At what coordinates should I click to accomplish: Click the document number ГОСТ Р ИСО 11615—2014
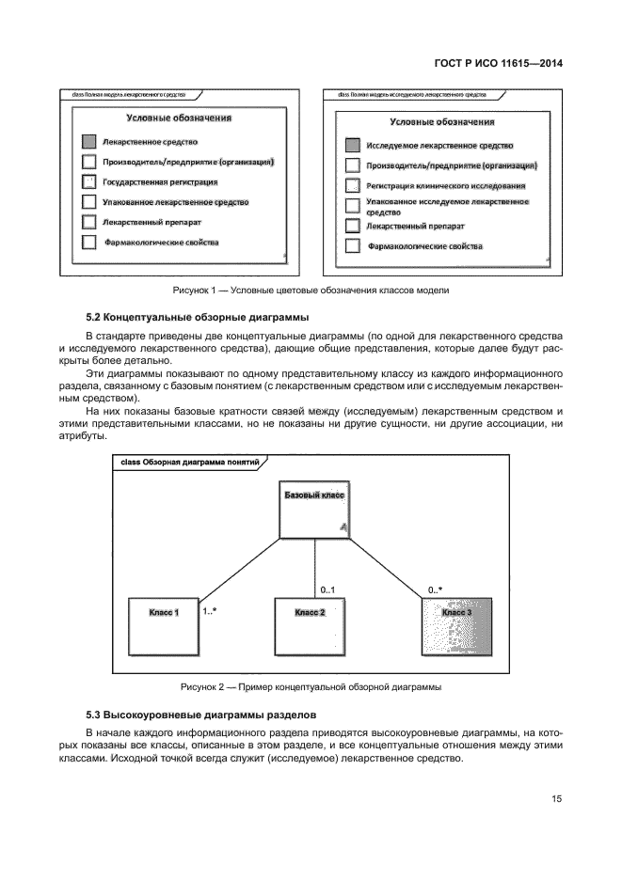(512, 63)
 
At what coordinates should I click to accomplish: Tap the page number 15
(556, 799)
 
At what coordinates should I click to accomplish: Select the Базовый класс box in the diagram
(314, 512)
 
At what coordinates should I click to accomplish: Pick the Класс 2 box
(311, 626)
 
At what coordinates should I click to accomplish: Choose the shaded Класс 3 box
(456, 626)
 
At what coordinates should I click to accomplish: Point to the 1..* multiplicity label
(210, 611)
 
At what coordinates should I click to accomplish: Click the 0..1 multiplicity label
(327, 589)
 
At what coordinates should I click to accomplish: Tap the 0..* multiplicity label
(436, 589)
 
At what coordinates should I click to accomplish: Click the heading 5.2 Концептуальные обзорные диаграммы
(197, 316)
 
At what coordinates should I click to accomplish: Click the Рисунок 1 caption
(311, 290)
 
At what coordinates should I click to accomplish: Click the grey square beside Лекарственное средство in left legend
(88, 141)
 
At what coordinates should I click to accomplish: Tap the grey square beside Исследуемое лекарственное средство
(352, 146)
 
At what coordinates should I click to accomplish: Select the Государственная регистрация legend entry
(160, 181)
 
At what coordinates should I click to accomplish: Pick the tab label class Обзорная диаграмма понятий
(187, 463)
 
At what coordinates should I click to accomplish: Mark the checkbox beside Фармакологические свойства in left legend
(88, 243)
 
